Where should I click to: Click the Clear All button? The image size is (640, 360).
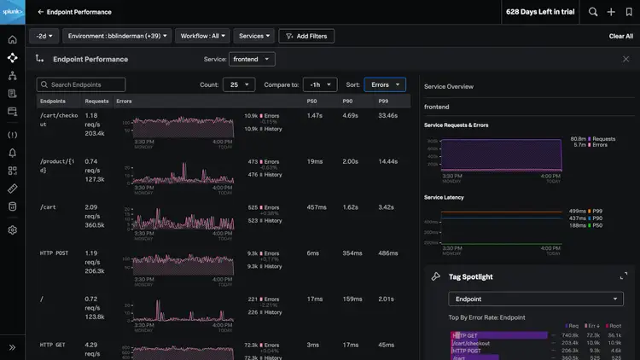click(x=620, y=36)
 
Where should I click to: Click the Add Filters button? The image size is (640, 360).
click(x=306, y=36)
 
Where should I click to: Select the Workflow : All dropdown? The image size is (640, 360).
click(x=202, y=36)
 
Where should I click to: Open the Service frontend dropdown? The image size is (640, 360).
click(x=252, y=60)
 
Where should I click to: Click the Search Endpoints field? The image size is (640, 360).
click(x=81, y=84)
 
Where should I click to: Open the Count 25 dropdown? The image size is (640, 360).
click(x=238, y=84)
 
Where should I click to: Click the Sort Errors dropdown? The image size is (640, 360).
click(x=385, y=84)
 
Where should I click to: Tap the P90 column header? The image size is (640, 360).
click(x=347, y=102)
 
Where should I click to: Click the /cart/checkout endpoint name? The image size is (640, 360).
click(x=58, y=119)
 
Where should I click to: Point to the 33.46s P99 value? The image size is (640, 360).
click(x=387, y=115)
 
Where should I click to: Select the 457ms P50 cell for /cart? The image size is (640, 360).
click(x=316, y=207)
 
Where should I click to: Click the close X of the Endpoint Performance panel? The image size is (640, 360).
click(x=626, y=60)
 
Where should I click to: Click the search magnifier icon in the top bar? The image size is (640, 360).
click(x=593, y=12)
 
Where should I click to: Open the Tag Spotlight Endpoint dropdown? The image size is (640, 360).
click(x=536, y=299)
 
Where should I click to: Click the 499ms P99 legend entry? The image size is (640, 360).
click(x=579, y=211)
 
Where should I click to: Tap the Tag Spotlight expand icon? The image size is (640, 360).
click(x=624, y=276)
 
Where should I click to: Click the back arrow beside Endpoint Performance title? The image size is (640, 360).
click(x=41, y=12)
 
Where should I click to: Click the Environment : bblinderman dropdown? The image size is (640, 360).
click(x=118, y=36)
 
